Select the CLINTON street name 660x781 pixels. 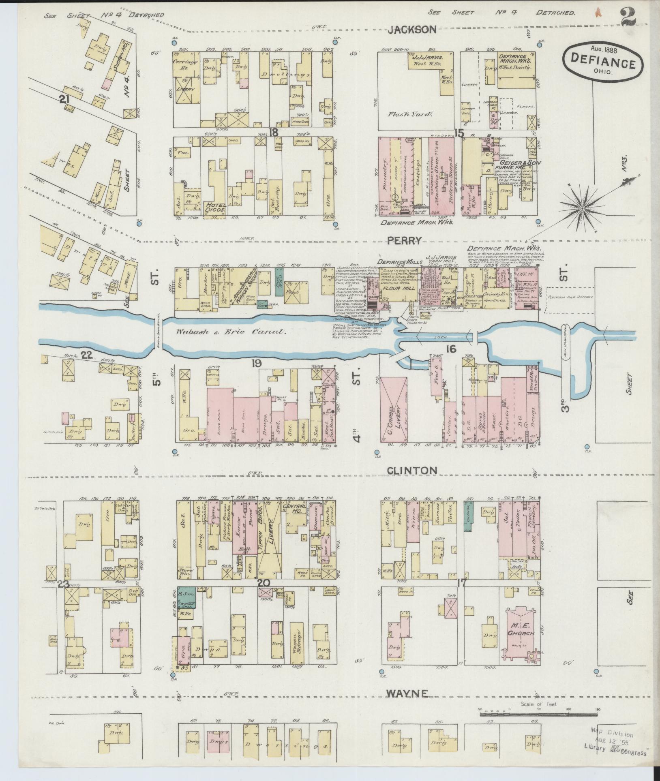tap(411, 470)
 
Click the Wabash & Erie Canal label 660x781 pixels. tap(231, 332)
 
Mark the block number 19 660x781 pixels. tap(256, 363)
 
